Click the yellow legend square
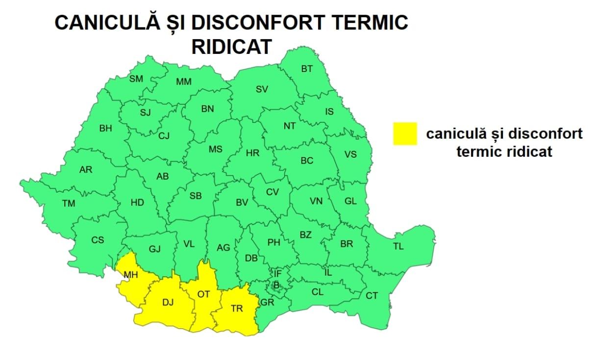pyautogui.click(x=404, y=134)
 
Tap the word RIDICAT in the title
pyautogui.click(x=231, y=47)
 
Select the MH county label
pyautogui.click(x=131, y=275)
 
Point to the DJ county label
pyautogui.click(x=168, y=303)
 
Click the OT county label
pyautogui.click(x=203, y=294)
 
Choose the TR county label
pyautogui.click(x=237, y=309)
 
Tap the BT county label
pyautogui.click(x=307, y=69)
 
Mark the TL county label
pyautogui.click(x=398, y=246)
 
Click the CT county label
pyautogui.click(x=372, y=296)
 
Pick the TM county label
pyautogui.click(x=69, y=203)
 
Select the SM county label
pyautogui.click(x=136, y=79)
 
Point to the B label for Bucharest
pyautogui.click(x=276, y=285)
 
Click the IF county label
pyautogui.click(x=278, y=273)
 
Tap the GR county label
pyautogui.click(x=267, y=302)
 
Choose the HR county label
pyautogui.click(x=252, y=153)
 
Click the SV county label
pyautogui.click(x=262, y=89)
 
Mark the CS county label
pyautogui.click(x=98, y=240)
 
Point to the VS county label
pyautogui.click(x=350, y=154)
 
